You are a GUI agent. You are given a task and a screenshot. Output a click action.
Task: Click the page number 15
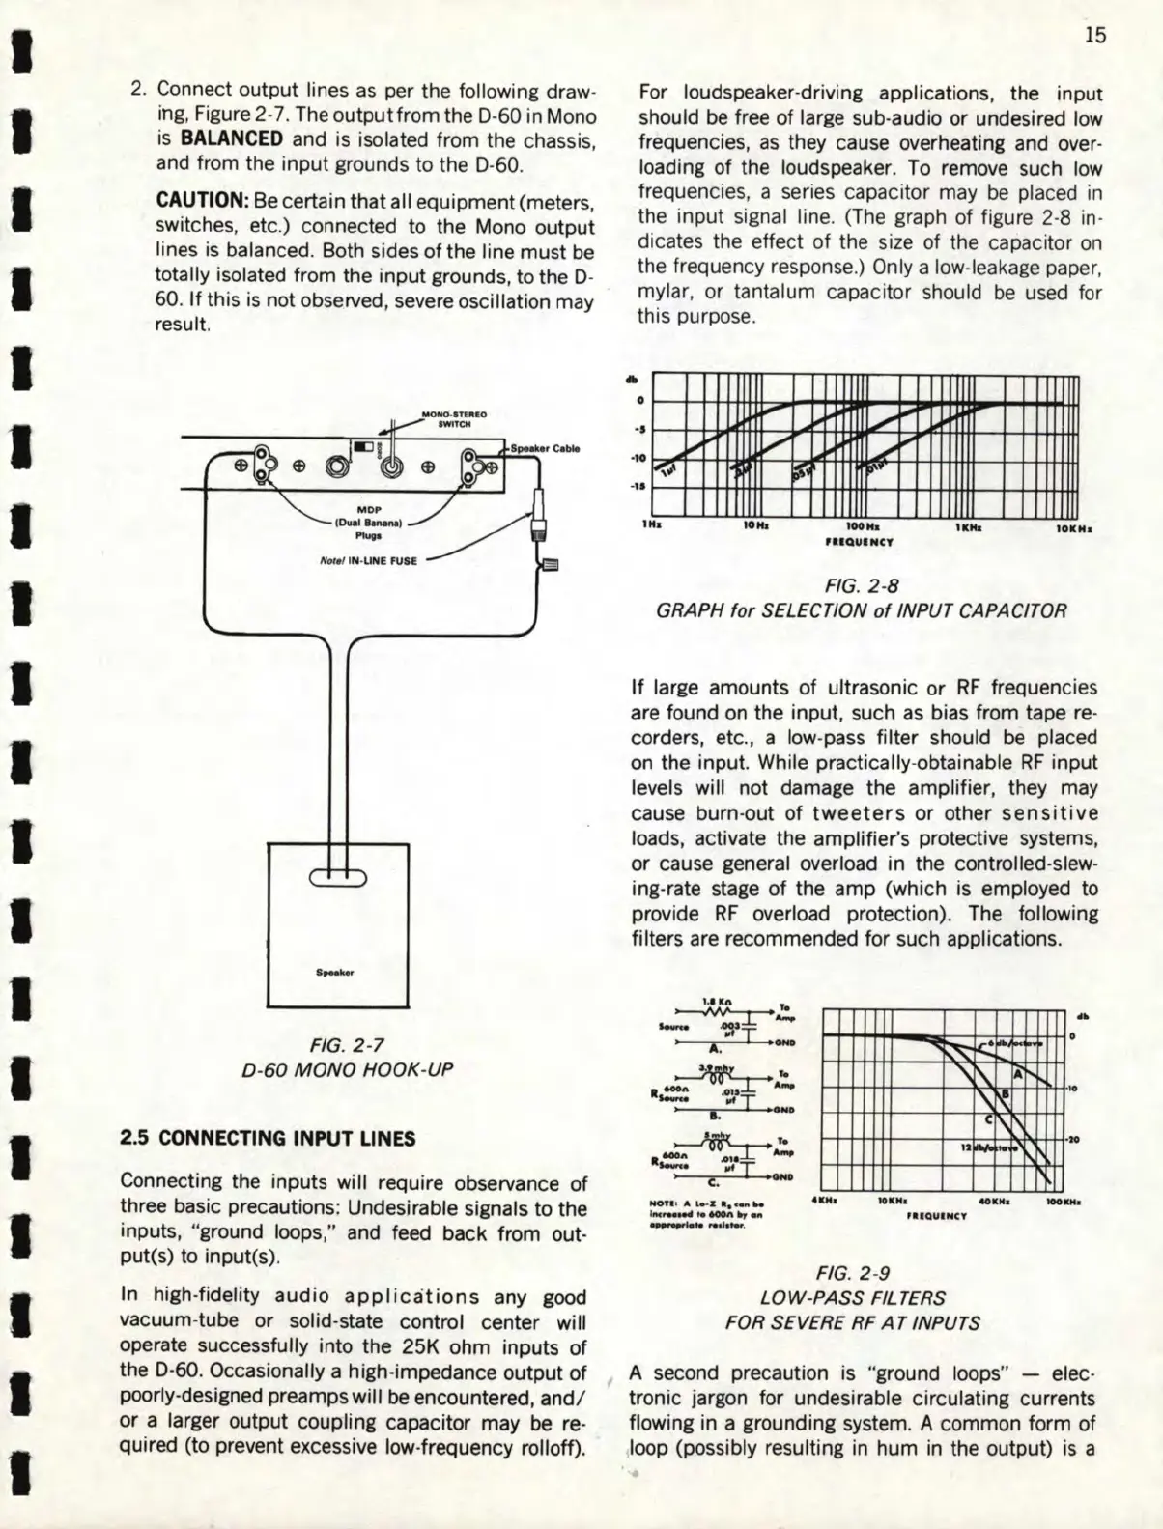pyautogui.click(x=1094, y=36)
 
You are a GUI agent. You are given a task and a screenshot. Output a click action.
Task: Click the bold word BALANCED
pyautogui.click(x=231, y=139)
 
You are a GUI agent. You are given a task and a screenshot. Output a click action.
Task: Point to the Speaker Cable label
pyautogui.click(x=546, y=448)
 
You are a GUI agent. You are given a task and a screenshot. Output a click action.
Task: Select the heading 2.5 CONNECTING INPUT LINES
pyautogui.click(x=267, y=1139)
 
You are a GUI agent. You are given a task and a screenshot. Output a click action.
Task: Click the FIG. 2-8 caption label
pyautogui.click(x=862, y=585)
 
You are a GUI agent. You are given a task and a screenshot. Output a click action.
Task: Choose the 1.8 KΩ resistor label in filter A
pyautogui.click(x=714, y=1003)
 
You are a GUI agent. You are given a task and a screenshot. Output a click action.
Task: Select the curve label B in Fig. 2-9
pyautogui.click(x=1005, y=1093)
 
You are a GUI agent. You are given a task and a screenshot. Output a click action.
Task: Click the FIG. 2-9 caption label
pyautogui.click(x=862, y=1273)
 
